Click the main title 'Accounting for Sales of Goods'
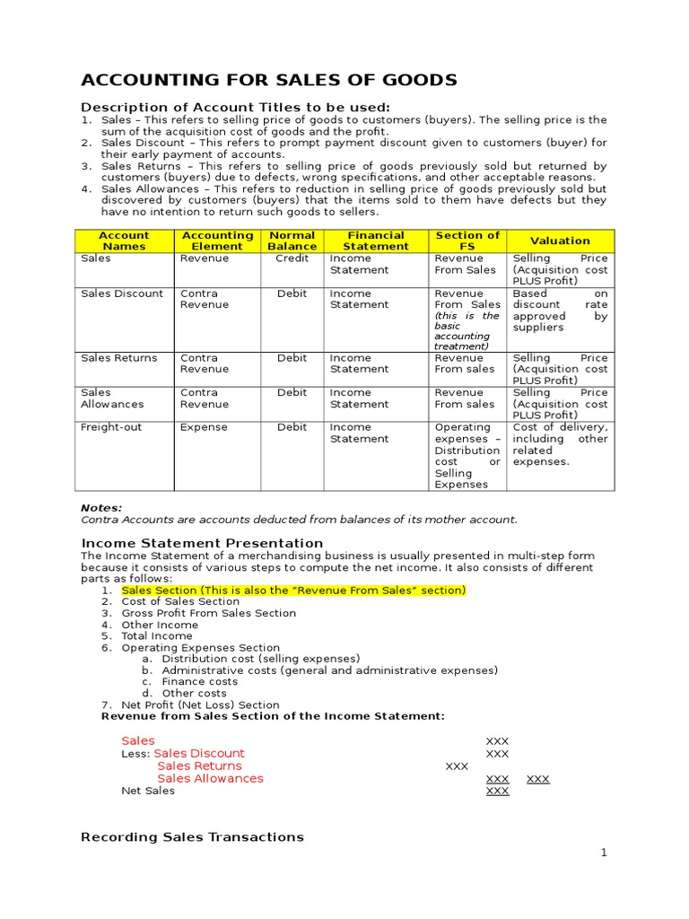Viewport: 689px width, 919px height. (269, 81)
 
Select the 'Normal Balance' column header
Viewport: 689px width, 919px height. (292, 241)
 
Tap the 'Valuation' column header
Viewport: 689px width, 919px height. (560, 241)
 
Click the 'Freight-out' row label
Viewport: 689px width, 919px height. (111, 427)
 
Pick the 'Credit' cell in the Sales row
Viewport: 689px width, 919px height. (292, 258)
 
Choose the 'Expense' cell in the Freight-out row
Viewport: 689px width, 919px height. (204, 427)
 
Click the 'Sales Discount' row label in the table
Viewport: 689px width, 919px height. (122, 293)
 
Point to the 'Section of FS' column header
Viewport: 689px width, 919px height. (467, 241)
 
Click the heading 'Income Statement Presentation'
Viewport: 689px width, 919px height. (202, 543)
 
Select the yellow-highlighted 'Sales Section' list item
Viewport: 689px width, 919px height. (293, 591)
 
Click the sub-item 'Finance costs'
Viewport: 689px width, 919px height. (200, 682)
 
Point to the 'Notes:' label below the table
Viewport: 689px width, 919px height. (101, 508)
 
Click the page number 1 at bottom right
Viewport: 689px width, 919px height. (605, 853)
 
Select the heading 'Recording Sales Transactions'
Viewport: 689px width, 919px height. (192, 836)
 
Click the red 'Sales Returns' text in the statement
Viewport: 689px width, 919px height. (199, 766)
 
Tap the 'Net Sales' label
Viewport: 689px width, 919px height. (148, 791)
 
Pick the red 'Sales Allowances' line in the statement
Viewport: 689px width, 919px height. (210, 779)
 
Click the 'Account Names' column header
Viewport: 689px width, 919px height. (124, 241)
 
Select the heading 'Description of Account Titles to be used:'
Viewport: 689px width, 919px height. (236, 108)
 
